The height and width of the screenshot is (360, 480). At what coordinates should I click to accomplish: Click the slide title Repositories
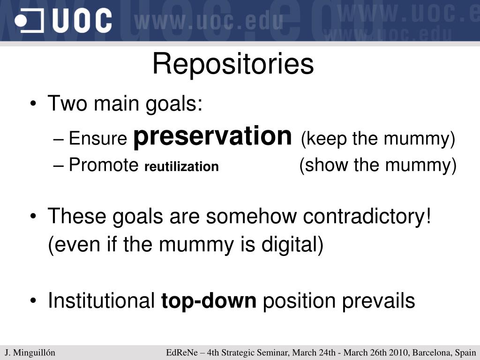[233, 64]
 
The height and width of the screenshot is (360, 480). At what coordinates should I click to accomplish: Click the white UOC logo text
[82, 21]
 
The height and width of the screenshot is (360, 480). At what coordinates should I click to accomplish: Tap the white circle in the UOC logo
[21, 21]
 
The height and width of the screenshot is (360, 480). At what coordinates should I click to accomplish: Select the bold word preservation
[213, 136]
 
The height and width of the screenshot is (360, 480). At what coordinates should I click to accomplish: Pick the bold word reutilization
[181, 166]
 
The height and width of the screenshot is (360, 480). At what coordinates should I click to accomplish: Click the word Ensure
[97, 138]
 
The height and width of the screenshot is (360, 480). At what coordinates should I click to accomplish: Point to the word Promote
[104, 165]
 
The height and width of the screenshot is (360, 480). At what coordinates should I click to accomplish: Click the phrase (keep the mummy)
[378, 139]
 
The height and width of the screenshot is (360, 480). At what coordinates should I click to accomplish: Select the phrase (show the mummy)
[378, 165]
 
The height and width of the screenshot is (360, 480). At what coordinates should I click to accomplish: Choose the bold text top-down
[209, 300]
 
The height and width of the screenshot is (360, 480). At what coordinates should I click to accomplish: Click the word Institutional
[101, 300]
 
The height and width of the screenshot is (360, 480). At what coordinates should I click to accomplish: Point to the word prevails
[378, 300]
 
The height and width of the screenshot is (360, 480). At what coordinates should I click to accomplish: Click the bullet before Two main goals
[33, 103]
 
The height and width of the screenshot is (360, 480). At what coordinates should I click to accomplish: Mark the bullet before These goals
[33, 216]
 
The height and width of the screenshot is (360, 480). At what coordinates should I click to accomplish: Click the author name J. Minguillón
[30, 352]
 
